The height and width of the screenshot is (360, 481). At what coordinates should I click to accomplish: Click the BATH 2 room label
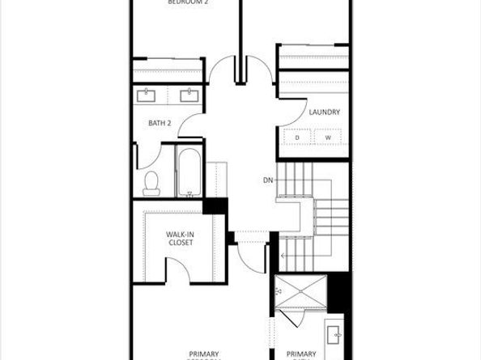[160, 123]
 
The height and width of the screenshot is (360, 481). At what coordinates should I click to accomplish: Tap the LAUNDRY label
[324, 112]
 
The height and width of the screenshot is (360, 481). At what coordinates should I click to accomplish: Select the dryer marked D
[297, 138]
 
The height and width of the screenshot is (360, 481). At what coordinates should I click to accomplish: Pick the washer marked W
[329, 138]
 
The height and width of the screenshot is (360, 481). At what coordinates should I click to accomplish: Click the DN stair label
[267, 179]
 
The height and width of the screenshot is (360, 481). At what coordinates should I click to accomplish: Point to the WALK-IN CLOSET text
[180, 239]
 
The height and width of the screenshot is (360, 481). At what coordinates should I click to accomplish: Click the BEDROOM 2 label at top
[187, 3]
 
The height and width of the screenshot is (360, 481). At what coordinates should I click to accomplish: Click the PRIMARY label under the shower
[301, 353]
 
